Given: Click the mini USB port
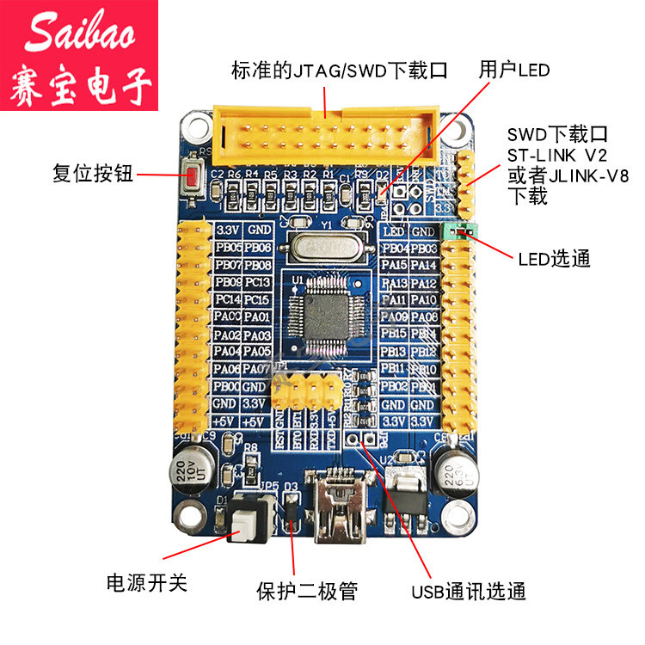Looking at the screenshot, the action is pos(342,513).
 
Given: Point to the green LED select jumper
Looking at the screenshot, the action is pos(458,230).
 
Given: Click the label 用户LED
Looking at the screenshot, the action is pos(514,71).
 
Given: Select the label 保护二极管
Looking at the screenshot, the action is pos(307,591).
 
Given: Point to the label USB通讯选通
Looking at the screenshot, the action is pos(468,592).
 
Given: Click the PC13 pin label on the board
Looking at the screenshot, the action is pos(258,282).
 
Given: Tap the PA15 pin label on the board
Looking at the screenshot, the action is pos(395,265).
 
